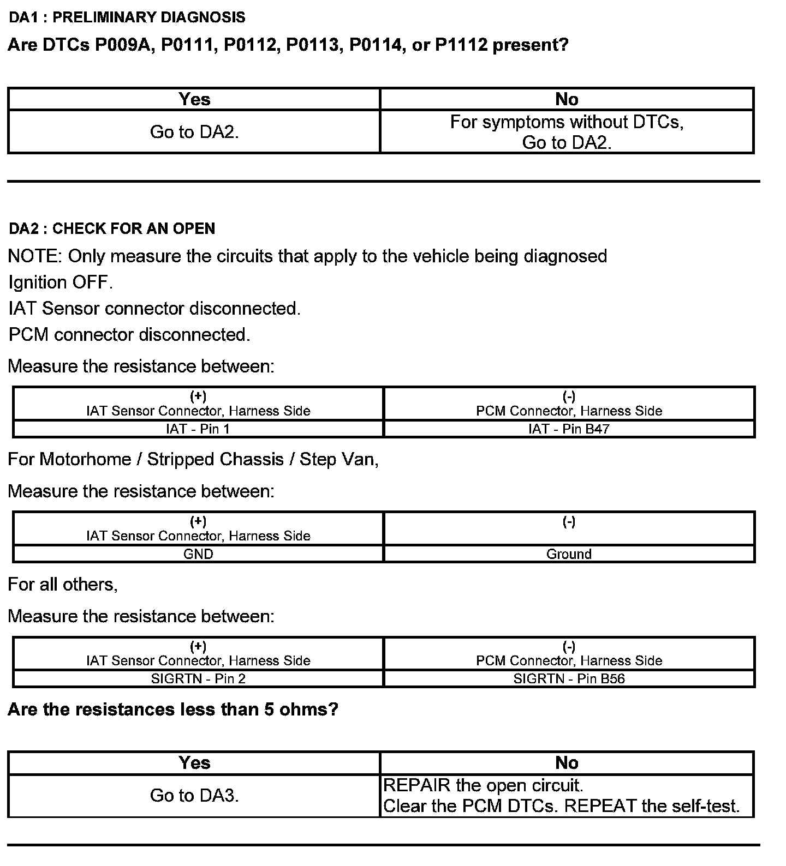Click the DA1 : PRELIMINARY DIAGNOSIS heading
tap(127, 17)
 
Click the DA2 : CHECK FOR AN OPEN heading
tap(112, 228)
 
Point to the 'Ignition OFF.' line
tap(61, 282)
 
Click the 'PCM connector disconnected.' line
tap(129, 334)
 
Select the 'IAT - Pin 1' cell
tap(198, 429)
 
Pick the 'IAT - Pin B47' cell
tap(569, 429)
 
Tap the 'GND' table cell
tap(198, 554)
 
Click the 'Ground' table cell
tap(569, 554)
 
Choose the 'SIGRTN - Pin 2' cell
tap(198, 679)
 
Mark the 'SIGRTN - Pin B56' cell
tap(569, 679)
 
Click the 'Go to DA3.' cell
tap(194, 796)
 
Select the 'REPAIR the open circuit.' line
tap(484, 785)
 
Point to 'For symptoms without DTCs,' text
tap(567, 122)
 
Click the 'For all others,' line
tap(63, 585)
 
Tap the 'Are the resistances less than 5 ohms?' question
tap(173, 709)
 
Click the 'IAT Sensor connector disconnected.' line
tap(154, 309)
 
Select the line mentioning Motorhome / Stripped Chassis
tap(193, 459)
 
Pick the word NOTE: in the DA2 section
tap(35, 256)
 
